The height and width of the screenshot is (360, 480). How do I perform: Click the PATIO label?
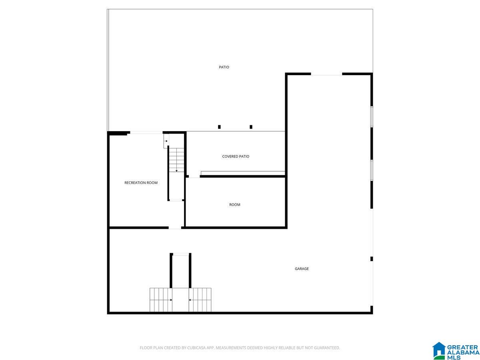(x=224, y=67)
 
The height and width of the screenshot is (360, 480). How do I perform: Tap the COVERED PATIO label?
(x=236, y=156)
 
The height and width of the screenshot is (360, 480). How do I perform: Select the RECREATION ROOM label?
(x=141, y=183)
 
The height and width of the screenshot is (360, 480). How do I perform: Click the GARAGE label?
(x=302, y=269)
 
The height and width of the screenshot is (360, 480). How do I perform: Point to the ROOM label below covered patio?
(x=235, y=205)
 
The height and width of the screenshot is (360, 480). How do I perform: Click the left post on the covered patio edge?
(x=219, y=127)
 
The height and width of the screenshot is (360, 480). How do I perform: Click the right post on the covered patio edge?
(x=251, y=127)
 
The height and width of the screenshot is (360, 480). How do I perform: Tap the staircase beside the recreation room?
(x=176, y=160)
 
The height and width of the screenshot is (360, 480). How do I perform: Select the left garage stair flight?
(x=161, y=300)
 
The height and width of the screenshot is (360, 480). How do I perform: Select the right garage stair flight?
(x=200, y=300)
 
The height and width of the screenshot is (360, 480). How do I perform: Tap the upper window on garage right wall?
(x=372, y=117)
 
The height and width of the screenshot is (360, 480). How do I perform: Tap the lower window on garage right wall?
(x=372, y=170)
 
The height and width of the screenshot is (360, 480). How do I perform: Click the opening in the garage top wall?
(x=326, y=74)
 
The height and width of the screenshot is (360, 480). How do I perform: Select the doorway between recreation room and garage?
(x=175, y=228)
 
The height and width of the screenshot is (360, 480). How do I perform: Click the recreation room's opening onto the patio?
(x=146, y=132)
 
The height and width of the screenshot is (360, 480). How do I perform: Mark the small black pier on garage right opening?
(x=372, y=259)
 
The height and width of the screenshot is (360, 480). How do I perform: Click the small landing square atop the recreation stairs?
(x=166, y=141)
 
